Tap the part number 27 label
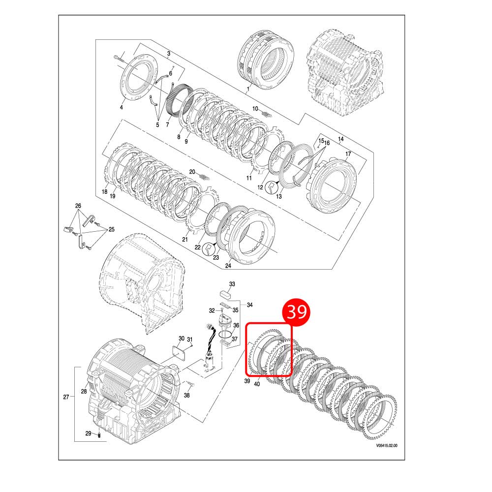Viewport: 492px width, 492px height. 66,397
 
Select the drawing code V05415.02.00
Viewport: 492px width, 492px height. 387,445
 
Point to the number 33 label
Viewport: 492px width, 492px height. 232,284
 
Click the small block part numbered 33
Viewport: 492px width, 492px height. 225,294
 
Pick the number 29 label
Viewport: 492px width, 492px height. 88,433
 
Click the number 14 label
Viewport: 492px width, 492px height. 341,139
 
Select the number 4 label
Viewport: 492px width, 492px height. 122,107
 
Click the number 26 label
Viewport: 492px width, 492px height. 78,206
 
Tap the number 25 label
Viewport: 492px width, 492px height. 111,229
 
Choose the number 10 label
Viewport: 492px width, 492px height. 255,109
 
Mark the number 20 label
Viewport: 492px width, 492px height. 192,172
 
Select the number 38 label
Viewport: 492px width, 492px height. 186,396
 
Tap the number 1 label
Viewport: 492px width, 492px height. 248,89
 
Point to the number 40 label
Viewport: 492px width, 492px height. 257,384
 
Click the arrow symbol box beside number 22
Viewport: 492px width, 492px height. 208,249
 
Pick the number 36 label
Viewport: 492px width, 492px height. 236,325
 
